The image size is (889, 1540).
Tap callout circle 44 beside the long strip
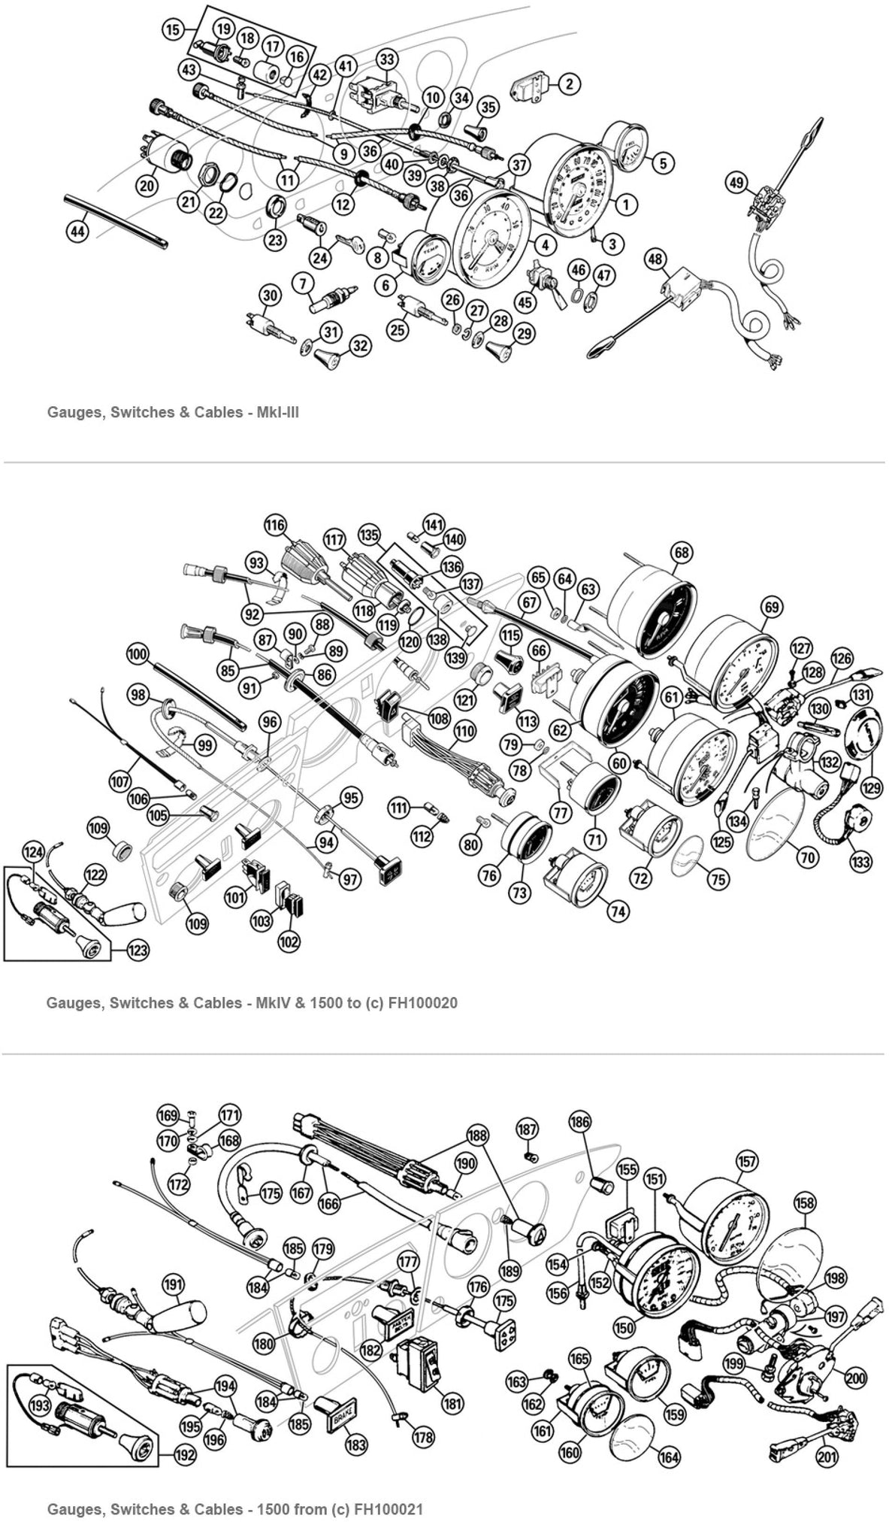[77, 232]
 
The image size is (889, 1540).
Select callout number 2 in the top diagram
[569, 83]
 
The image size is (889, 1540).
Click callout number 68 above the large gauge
[682, 553]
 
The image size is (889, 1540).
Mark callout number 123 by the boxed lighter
[138, 950]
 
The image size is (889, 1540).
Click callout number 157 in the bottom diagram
[747, 1162]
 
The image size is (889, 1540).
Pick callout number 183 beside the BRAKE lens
[356, 1443]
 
